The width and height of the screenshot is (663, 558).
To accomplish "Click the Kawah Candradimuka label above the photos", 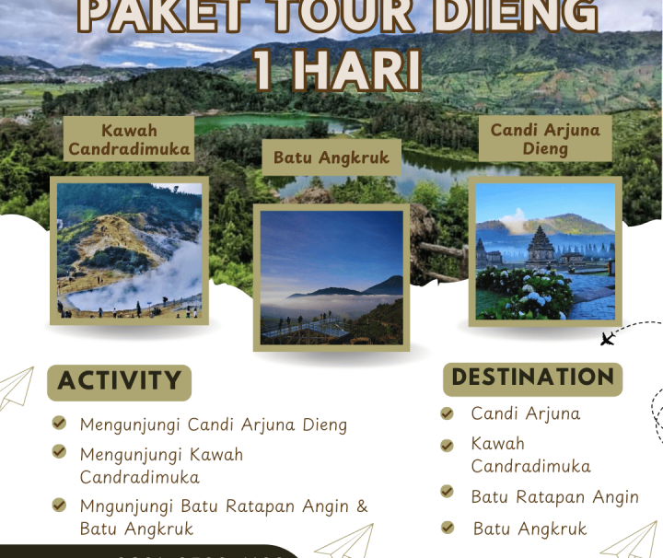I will coord(129,138).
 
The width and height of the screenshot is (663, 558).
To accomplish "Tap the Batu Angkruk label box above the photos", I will coord(331,157).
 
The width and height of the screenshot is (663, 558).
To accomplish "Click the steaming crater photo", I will coord(129,250).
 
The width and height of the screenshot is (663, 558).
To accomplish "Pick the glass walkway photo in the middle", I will coord(331,277).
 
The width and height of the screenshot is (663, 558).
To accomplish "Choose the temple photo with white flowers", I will coord(545,250).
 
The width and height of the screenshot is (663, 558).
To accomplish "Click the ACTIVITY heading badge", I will coord(119,381).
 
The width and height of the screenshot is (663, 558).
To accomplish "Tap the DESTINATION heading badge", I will coord(532,378).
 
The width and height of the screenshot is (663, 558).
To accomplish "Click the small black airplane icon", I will coord(607,340).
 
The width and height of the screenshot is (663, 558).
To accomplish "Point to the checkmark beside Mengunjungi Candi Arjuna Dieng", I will coord(59,424).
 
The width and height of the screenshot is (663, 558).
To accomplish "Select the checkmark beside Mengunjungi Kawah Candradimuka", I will coord(59,452).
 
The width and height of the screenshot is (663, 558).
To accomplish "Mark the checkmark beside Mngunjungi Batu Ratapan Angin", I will coord(59,505).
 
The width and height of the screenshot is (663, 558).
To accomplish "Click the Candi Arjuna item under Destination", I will coord(525,413).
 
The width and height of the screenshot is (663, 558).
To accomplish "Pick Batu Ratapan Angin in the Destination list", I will coord(554,496).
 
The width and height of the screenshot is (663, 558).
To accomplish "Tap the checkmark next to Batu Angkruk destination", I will coord(448,528).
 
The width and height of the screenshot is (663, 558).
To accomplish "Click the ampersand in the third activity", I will coord(362,506).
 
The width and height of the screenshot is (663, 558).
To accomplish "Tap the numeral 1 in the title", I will coord(264,70).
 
